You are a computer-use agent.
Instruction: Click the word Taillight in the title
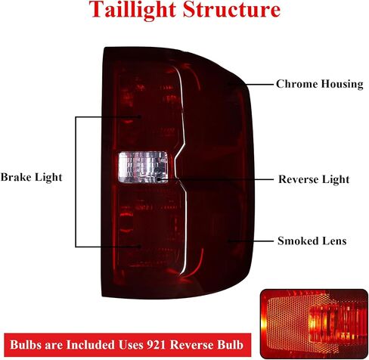(132, 10)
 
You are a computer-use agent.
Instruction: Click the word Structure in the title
(231, 9)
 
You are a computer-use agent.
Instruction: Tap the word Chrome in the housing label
(292, 84)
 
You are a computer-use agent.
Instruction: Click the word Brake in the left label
(16, 177)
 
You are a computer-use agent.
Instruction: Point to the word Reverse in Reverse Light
(296, 179)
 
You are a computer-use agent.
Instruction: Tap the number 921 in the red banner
(157, 345)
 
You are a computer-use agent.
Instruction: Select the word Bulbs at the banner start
(26, 345)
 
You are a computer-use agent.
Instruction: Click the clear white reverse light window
(143, 167)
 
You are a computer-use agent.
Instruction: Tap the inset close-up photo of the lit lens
(314, 324)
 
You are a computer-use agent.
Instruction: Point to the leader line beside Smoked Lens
(250, 241)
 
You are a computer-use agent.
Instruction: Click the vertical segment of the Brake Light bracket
(76, 182)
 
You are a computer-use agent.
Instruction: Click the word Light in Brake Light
(48, 177)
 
